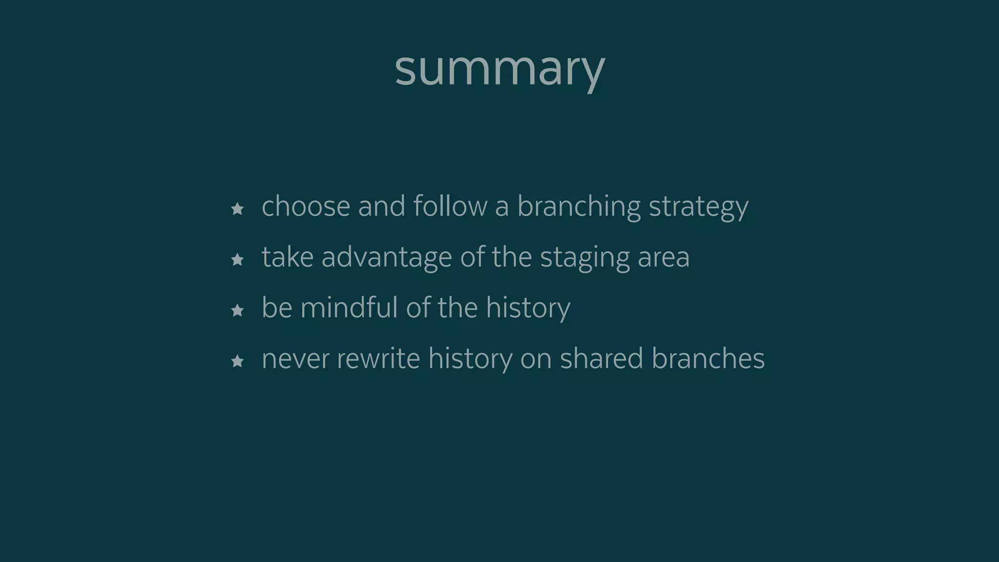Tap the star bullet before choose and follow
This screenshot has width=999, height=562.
pos(238,209)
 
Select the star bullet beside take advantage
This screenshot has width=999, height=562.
pos(238,260)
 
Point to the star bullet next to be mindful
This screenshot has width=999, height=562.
pos(238,310)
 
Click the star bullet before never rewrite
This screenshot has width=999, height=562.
pos(238,361)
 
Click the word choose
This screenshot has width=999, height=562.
pos(306,206)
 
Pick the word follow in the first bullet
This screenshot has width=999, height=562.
pos(450,206)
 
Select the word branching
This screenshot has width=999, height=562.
pos(579,207)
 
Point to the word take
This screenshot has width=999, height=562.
pos(287,257)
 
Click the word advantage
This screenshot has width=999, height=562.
pos(386,258)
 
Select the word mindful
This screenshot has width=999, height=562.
pos(349,307)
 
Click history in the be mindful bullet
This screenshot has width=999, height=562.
pos(528,308)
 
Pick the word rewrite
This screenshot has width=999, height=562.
pos(379,358)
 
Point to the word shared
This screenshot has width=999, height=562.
pos(601,358)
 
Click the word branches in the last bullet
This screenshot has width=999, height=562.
pos(708,358)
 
